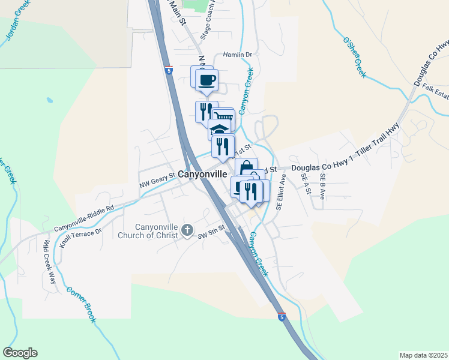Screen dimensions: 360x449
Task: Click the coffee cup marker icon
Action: click(x=207, y=79)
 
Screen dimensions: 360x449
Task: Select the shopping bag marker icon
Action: click(x=246, y=169)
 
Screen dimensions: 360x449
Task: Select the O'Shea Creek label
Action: click(x=354, y=58)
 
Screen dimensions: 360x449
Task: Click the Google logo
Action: click(x=20, y=353)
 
